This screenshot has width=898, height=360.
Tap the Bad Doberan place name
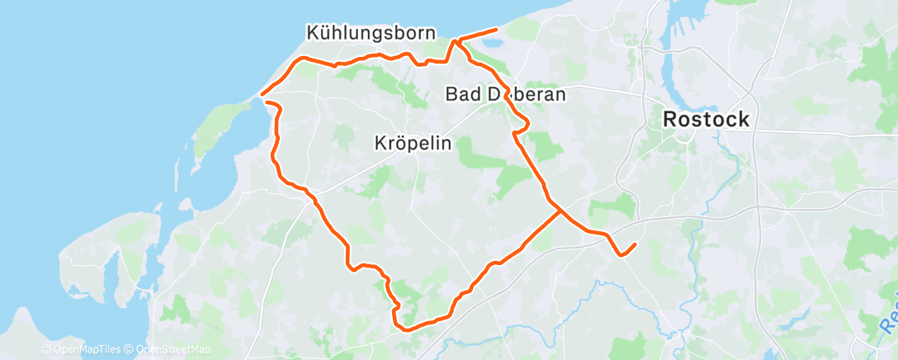tap(505, 94)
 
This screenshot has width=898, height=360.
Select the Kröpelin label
tap(413, 143)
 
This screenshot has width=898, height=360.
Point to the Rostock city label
tap(707, 120)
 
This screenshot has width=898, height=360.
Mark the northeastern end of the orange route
tap(496, 30)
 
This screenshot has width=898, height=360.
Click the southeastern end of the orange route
tap(635, 244)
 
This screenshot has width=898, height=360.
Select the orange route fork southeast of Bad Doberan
tap(561, 211)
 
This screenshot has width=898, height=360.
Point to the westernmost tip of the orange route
tap(262, 94)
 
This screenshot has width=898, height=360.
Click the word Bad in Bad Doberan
tap(460, 94)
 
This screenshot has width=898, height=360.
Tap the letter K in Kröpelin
tap(380, 143)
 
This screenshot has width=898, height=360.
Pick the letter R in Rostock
tap(671, 120)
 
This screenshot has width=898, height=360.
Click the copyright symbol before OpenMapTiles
tap(46, 349)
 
